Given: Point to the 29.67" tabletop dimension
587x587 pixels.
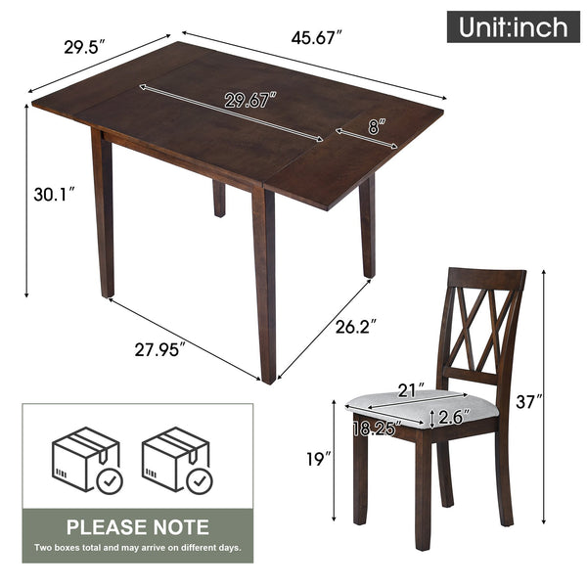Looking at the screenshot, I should click(250, 99).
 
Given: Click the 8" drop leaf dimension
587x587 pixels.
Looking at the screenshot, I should click(377, 125).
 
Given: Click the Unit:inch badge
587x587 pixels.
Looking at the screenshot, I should click(508, 25).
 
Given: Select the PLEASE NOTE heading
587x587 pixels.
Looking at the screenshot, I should click(137, 527).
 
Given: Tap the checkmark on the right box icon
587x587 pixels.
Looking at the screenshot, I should click(200, 480).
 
